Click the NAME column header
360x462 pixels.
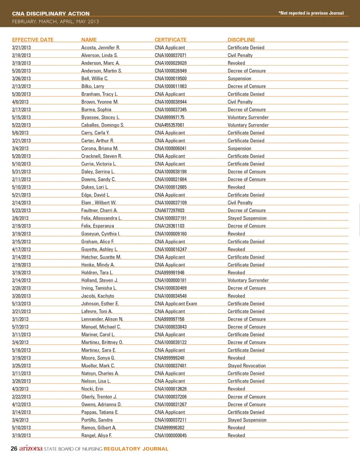tap(89, 40)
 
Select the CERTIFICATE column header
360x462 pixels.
tap(170, 40)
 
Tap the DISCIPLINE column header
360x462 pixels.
tap(241, 40)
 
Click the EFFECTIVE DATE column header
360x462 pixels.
tap(33, 40)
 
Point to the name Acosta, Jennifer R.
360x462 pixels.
tap(100, 48)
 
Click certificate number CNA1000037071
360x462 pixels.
tap(171, 55)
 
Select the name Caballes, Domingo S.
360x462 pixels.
tap(103, 125)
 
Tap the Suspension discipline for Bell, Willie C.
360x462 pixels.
tap(239, 79)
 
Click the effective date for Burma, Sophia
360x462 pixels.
tap(21, 110)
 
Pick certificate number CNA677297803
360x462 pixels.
tap(169, 210)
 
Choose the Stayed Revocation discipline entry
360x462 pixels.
tap(246, 366)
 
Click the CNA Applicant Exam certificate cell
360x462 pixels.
tap(176, 304)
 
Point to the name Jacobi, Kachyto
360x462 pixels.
tap(97, 296)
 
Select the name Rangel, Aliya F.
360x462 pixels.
tap(97, 435)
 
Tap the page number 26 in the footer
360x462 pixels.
tap(14, 449)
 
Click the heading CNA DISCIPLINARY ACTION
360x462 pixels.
tap(51, 13)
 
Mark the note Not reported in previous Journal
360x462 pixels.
tap(311, 13)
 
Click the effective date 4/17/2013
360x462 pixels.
tap(21, 249)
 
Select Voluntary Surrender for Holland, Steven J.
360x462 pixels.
tap(248, 280)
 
